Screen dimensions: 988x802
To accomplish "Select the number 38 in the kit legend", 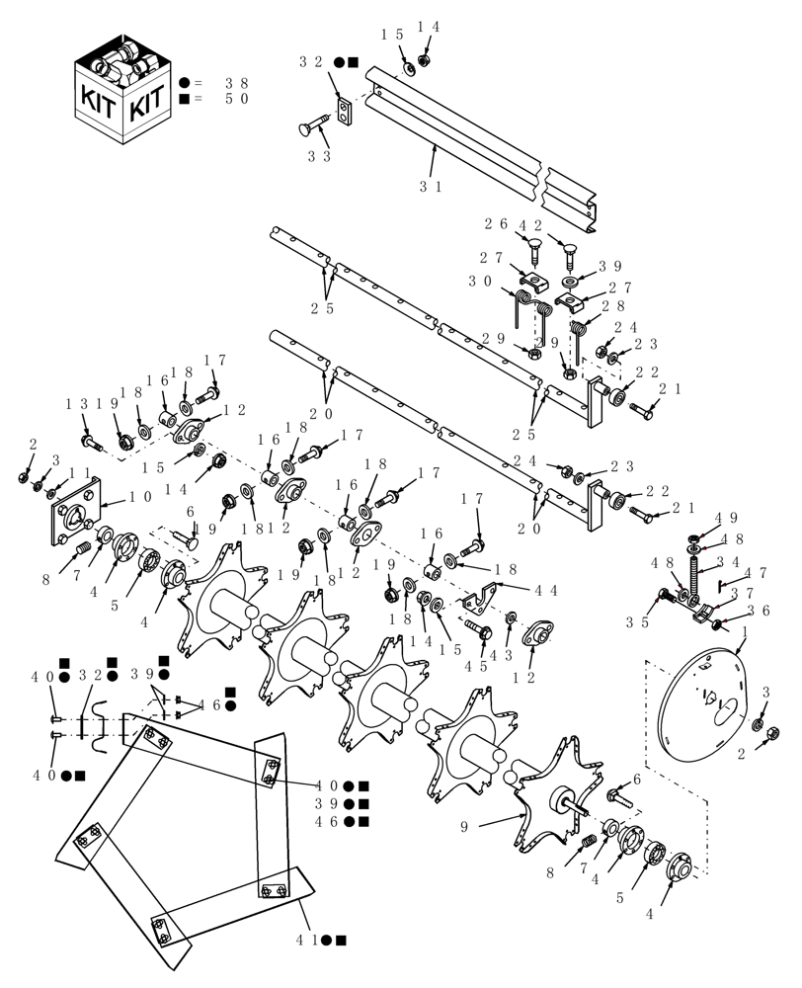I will (x=237, y=83).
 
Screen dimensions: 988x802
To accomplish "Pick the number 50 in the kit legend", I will (x=237, y=99).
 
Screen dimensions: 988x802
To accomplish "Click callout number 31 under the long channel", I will (x=431, y=185).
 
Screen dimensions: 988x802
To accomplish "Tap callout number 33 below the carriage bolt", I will (x=318, y=156).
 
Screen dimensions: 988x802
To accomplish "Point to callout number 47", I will (x=756, y=572).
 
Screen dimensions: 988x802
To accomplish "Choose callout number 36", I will (x=758, y=612).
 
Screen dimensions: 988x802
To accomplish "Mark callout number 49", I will (x=726, y=517).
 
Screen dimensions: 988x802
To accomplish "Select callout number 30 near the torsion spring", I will (x=481, y=281).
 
